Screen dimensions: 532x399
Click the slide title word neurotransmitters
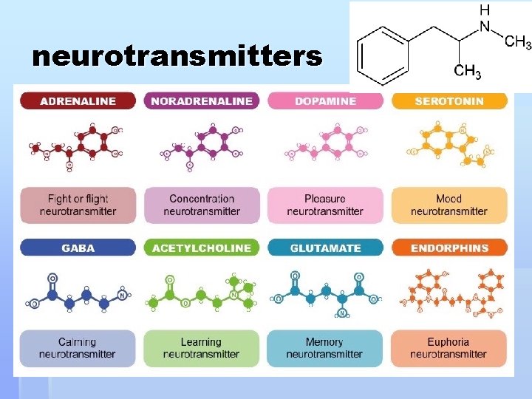[x=177, y=56]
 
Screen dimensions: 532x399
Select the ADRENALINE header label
[x=78, y=101]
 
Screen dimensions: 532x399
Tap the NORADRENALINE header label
[x=202, y=101]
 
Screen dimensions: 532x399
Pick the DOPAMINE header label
[x=325, y=101]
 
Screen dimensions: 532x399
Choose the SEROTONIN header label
[x=449, y=101]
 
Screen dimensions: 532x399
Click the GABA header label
[x=78, y=248]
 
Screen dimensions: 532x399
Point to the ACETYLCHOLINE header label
[x=202, y=248]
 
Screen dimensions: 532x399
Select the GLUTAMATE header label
[x=325, y=248]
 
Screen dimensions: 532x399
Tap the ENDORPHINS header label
[x=449, y=248]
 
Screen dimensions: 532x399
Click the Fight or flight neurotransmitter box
[x=78, y=205]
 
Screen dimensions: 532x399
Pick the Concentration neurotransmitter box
[x=202, y=205]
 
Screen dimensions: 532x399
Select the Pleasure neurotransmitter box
[x=325, y=205]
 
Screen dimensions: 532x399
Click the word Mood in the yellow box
[x=449, y=199]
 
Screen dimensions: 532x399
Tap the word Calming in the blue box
[x=78, y=342]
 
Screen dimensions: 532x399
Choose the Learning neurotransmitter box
[x=202, y=348]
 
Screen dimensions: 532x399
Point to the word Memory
[x=324, y=342]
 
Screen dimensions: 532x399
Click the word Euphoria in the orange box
[x=449, y=342]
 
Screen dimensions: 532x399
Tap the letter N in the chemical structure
[x=485, y=27]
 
